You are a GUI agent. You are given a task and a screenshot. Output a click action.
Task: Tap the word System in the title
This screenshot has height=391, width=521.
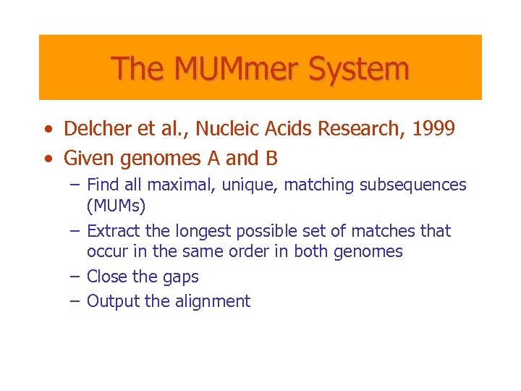(359, 69)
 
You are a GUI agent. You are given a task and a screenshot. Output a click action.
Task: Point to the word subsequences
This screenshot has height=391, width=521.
(411, 185)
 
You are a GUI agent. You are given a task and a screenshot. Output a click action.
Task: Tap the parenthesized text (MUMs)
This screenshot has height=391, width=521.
(116, 206)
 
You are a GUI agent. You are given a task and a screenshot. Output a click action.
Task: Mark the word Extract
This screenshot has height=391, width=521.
(113, 231)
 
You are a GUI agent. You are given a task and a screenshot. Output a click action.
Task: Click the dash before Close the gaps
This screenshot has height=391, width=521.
(75, 277)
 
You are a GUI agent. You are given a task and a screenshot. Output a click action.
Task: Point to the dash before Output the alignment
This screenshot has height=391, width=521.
(75, 301)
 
